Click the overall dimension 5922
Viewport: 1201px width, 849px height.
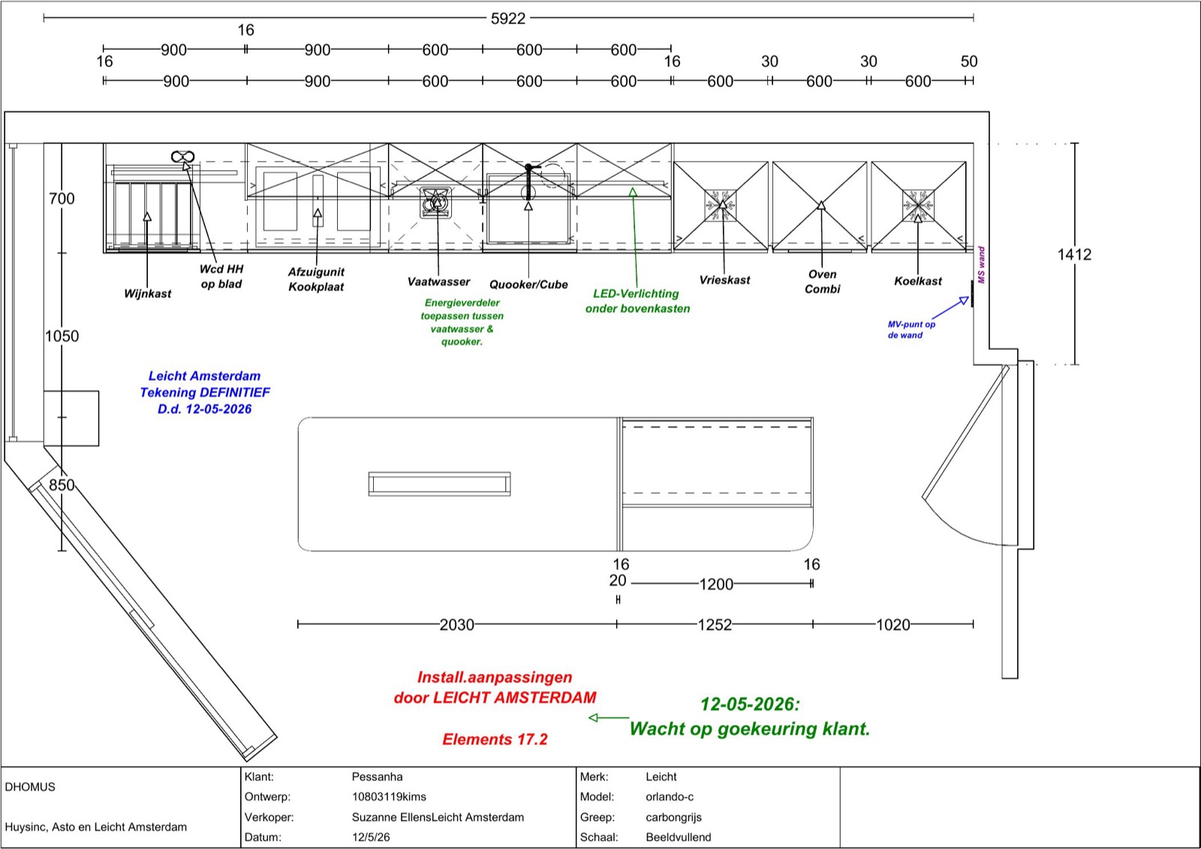click(507, 19)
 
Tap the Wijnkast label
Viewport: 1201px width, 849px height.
click(147, 294)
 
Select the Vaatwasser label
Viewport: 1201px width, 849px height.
click(438, 281)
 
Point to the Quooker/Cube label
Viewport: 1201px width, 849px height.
click(528, 285)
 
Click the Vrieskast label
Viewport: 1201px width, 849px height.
click(724, 280)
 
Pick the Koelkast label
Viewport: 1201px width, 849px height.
click(917, 281)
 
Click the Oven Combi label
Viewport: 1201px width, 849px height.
click(822, 281)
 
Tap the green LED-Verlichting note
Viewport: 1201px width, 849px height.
click(637, 301)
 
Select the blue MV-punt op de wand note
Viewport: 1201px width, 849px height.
click(911, 330)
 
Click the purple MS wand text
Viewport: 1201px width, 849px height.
click(981, 265)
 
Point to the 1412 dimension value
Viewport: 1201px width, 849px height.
click(1074, 254)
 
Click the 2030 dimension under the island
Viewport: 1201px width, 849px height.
click(457, 625)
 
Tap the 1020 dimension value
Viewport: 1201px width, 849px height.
click(892, 625)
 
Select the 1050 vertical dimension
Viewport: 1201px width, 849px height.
click(62, 336)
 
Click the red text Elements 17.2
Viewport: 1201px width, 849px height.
click(495, 739)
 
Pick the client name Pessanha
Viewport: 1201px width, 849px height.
click(377, 777)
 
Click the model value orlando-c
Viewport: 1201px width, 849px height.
click(670, 797)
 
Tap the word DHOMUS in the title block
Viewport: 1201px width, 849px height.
click(30, 787)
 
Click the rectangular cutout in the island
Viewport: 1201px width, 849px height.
click(440, 483)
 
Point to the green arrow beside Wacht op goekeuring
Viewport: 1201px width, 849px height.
click(609, 718)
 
